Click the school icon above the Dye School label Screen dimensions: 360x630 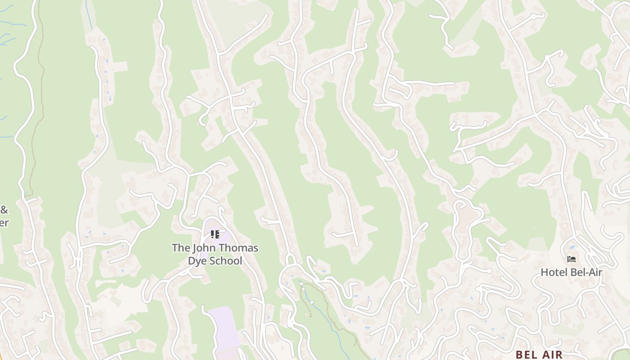click(215, 234)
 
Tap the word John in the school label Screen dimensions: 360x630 click(203, 248)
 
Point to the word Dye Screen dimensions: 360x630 click(196, 261)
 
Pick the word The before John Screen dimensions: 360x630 click(180, 248)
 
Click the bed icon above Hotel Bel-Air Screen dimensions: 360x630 click(571, 259)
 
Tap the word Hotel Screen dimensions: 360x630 click(554, 272)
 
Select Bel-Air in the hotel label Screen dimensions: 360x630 click(586, 272)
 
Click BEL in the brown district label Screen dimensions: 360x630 click(527, 355)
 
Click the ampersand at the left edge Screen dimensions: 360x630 click(4, 210)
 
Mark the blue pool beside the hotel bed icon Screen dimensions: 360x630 click(572, 247)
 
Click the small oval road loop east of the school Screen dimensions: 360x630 click(290, 260)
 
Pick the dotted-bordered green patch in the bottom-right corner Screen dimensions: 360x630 click(623, 354)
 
